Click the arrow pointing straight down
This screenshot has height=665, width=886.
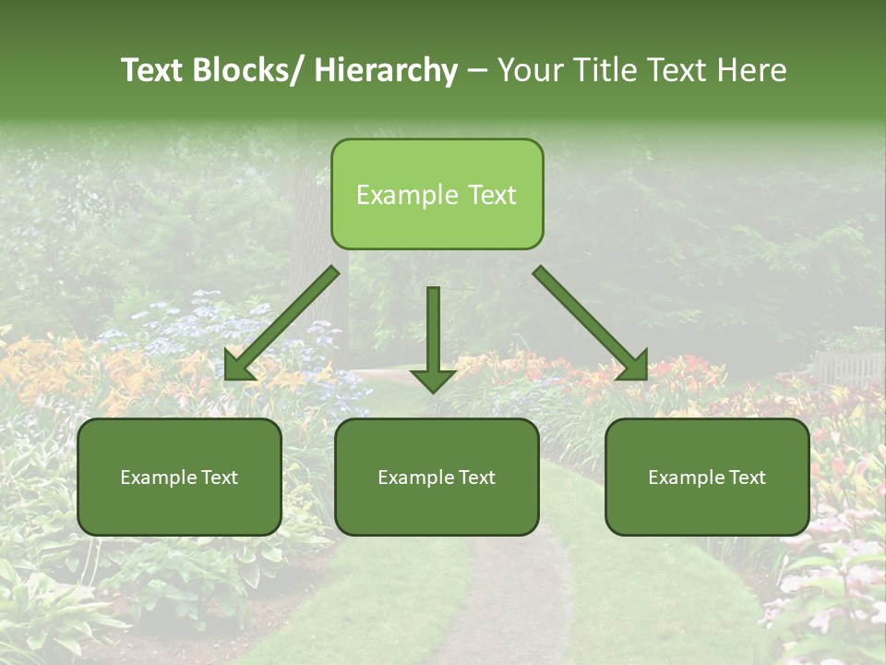(x=433, y=337)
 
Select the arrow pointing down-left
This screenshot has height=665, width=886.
(x=281, y=323)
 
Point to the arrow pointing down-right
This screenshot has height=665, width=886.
(x=591, y=323)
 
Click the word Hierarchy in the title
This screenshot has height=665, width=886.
(x=386, y=71)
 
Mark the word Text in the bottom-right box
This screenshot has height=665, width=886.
(x=747, y=478)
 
